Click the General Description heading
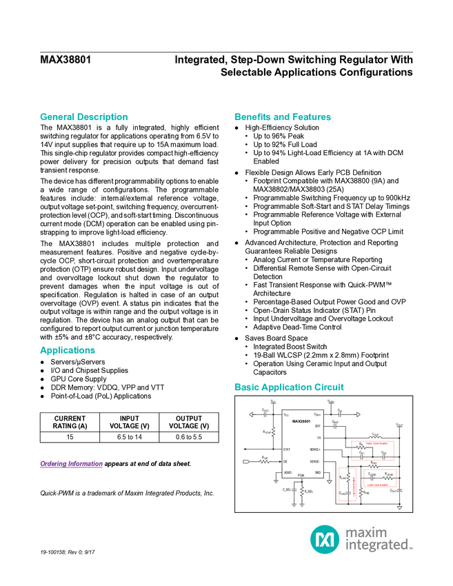[x=83, y=117]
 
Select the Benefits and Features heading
[x=283, y=117]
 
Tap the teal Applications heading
[x=68, y=351]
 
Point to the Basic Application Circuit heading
[x=289, y=387]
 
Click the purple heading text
[x=71, y=465]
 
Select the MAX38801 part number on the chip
[x=301, y=421]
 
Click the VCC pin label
[x=286, y=414]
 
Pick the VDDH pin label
[x=317, y=414]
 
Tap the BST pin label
[x=317, y=427]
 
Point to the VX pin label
[x=319, y=438]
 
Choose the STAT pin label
[x=287, y=449]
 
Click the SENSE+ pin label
[x=315, y=449]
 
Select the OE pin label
[x=285, y=461]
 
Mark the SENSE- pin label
[x=315, y=461]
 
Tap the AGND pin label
[x=288, y=473]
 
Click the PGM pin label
[x=301, y=476]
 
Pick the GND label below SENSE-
[x=318, y=473]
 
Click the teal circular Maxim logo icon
[x=324, y=539]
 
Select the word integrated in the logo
[x=378, y=546]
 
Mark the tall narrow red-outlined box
[x=348, y=483]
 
